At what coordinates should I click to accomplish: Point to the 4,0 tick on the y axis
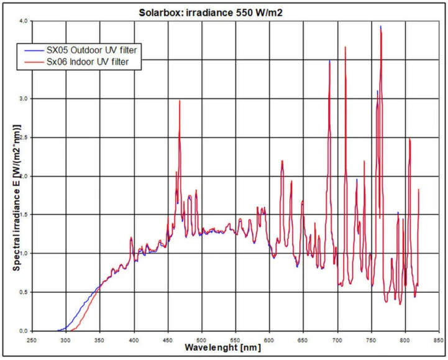(23, 21)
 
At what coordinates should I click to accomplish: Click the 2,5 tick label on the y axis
(23, 137)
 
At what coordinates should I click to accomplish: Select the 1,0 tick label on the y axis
(23, 254)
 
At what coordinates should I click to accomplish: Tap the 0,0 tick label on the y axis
(23, 331)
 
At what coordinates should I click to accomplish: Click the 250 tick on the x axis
(32, 340)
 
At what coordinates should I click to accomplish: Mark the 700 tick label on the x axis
(337, 340)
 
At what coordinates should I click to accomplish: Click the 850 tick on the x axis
(439, 340)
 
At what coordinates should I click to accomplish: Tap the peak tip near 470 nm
(180, 100)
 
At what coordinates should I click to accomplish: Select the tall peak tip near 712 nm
(345, 47)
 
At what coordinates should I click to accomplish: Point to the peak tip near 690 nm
(329, 61)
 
